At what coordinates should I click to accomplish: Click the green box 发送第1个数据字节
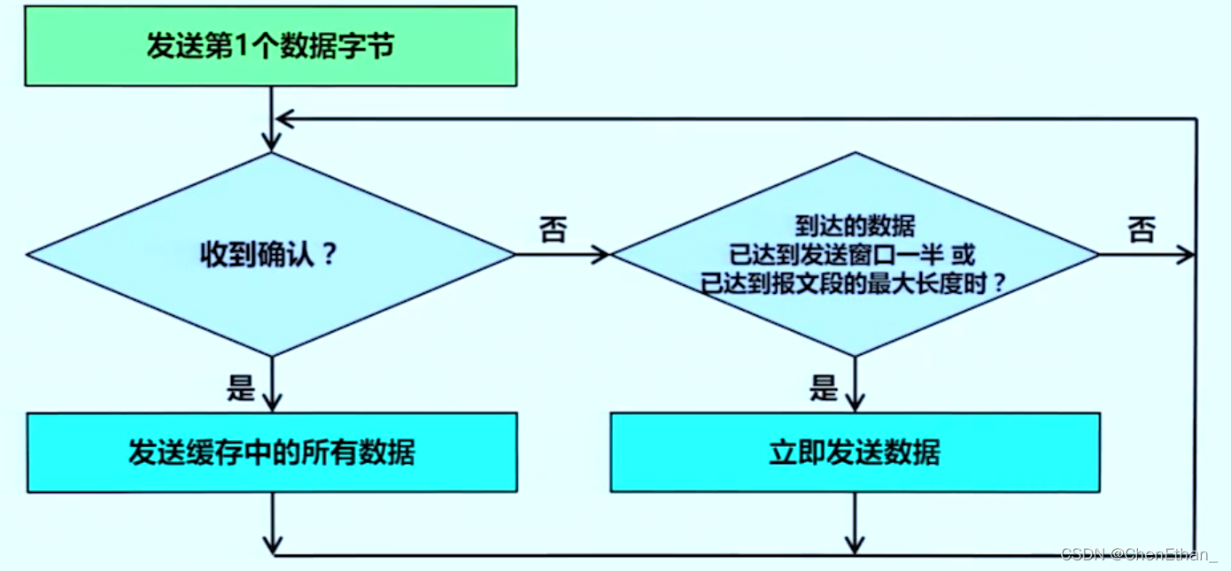(270, 46)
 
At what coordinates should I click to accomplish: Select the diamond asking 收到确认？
(270, 255)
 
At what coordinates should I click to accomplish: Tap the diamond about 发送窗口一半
(855, 255)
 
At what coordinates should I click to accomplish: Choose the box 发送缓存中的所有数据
(272, 452)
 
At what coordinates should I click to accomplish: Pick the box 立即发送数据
(855, 452)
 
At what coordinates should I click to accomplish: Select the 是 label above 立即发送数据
(824, 387)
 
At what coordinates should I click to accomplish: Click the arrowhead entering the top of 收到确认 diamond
(272, 142)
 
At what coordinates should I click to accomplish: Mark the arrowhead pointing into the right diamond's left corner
(601, 255)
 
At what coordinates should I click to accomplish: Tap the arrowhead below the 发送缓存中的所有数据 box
(272, 542)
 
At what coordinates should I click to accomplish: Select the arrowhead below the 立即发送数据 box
(855, 542)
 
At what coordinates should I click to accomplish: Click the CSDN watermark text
(1137, 554)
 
